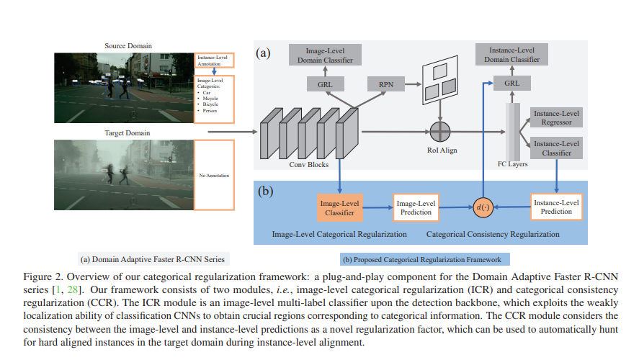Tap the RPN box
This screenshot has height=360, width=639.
(386, 84)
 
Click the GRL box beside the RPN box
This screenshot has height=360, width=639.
(325, 84)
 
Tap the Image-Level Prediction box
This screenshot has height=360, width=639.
(416, 207)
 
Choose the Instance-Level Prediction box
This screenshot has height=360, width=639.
(555, 207)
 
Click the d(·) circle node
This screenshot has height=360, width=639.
(481, 207)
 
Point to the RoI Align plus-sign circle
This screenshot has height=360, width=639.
(439, 132)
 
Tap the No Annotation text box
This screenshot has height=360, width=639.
(215, 175)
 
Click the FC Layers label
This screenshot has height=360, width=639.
(514, 163)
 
